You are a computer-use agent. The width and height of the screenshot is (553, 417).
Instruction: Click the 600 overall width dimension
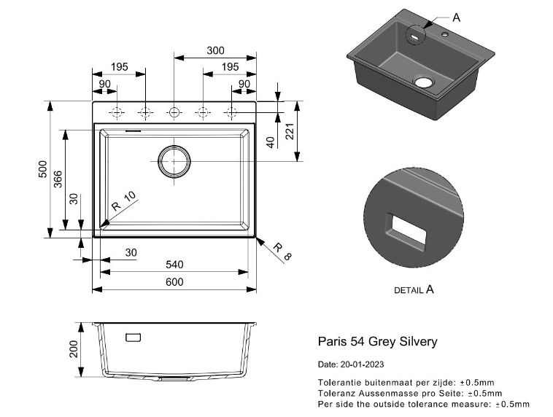click(174, 282)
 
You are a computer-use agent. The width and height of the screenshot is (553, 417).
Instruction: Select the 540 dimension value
click(174, 265)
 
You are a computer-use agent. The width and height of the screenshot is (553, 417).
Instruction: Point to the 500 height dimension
click(42, 169)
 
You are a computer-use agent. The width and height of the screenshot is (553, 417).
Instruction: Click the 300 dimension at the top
click(215, 50)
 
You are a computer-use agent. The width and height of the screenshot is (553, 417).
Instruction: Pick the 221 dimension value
click(289, 131)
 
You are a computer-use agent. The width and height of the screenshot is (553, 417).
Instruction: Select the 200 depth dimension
click(74, 351)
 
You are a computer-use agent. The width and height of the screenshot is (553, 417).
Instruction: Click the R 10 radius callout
click(123, 205)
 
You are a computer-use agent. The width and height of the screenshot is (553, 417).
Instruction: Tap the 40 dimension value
click(271, 142)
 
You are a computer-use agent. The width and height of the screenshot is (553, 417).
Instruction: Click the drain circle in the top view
click(174, 160)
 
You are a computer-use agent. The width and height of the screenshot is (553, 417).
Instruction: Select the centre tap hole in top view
click(174, 112)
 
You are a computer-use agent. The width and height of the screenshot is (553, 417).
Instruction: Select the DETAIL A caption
click(414, 289)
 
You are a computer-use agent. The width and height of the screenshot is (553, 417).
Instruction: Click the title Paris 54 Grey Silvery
click(377, 341)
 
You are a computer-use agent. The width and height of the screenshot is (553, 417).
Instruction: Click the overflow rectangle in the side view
click(134, 337)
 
